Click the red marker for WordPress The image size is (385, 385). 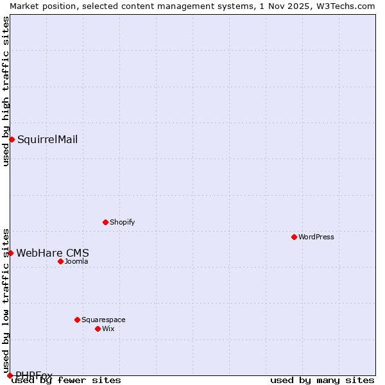[294, 237]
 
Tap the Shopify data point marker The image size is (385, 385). [105, 222]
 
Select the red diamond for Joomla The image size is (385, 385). [60, 261]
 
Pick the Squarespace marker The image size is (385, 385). [77, 320]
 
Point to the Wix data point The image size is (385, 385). [98, 329]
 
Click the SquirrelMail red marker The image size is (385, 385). [12, 139]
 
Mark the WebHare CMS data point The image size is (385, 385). [10, 253]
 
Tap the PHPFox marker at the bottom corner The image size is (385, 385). [10, 375]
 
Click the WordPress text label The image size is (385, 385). [316, 237]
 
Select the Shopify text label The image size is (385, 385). [122, 222]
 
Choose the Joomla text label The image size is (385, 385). [76, 261]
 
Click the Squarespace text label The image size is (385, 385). [103, 320]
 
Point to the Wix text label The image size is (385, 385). [108, 329]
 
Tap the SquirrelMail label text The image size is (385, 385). [47, 139]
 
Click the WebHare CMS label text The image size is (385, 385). [53, 253]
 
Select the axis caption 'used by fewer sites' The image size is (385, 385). [67, 380]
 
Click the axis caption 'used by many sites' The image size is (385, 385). [322, 380]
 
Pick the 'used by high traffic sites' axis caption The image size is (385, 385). [6, 91]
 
